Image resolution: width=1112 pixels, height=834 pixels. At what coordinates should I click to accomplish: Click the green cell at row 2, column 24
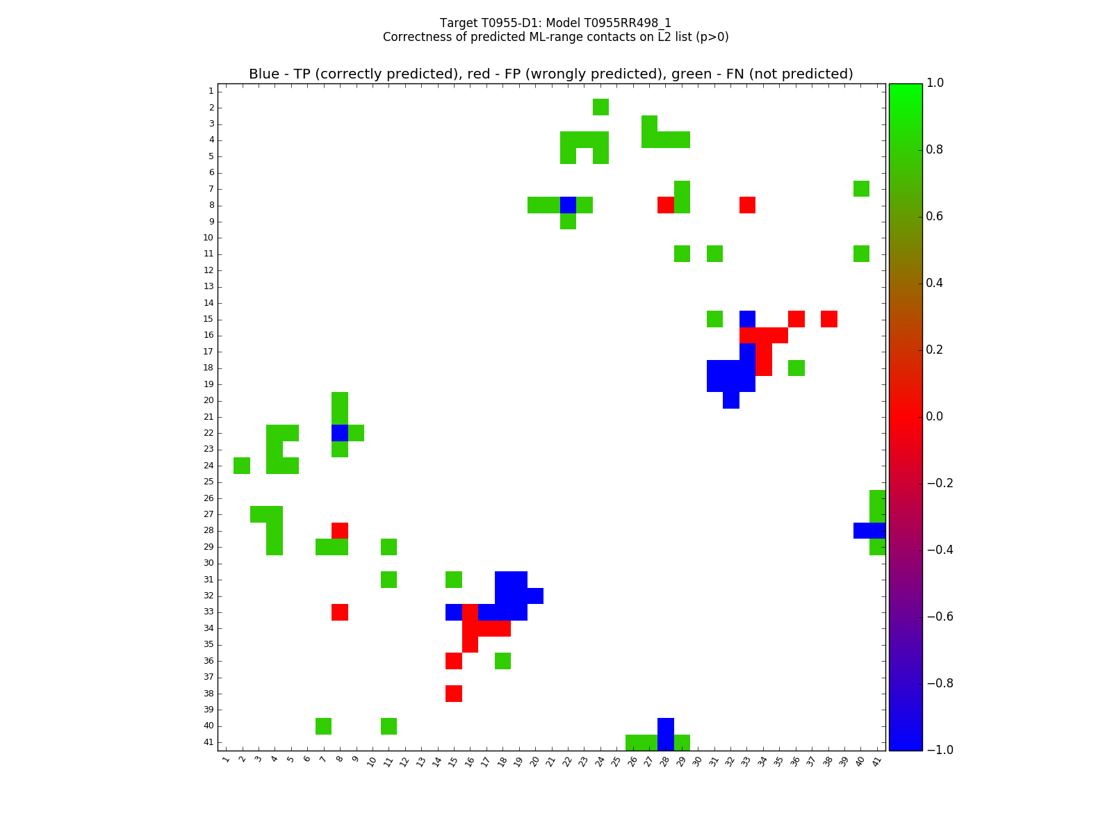(x=600, y=107)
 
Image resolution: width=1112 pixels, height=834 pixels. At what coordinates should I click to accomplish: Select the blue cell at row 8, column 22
(x=568, y=205)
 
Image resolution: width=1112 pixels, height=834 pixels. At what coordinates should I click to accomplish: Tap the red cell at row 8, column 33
(x=747, y=205)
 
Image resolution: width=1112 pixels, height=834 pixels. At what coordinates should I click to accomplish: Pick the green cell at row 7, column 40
(x=861, y=188)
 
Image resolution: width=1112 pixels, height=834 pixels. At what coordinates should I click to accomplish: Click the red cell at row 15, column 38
(x=828, y=319)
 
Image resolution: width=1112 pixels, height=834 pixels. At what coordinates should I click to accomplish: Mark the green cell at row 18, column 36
(x=796, y=368)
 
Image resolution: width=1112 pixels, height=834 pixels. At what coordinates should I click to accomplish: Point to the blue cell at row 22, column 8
(x=340, y=433)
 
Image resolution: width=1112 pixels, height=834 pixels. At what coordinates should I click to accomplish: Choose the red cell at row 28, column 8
(x=340, y=530)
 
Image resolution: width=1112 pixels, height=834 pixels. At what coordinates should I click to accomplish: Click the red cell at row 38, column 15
(x=454, y=694)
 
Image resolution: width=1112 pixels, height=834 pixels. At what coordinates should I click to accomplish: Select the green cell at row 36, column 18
(x=502, y=661)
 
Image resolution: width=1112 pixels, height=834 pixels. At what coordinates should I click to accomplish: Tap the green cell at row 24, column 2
(x=242, y=466)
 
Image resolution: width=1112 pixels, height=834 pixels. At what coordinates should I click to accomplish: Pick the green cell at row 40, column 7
(x=323, y=726)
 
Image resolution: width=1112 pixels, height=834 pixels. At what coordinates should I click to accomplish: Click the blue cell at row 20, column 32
(x=730, y=400)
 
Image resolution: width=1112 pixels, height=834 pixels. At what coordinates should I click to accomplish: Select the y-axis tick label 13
(x=208, y=286)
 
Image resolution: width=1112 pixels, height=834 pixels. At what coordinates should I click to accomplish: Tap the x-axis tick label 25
(x=616, y=761)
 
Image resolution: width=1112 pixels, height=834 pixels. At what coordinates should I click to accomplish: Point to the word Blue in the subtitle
(x=263, y=74)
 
